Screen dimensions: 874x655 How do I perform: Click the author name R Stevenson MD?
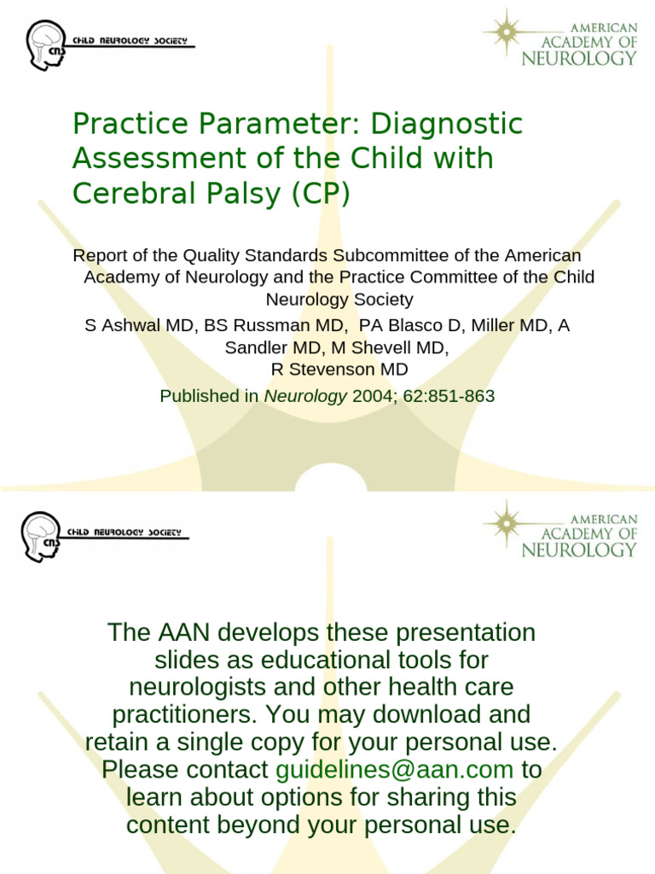coord(339,369)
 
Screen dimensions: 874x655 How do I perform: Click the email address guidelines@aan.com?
coord(395,770)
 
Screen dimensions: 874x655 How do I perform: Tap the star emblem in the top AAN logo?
coord(505,31)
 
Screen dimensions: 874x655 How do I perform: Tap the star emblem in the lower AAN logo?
coord(506,522)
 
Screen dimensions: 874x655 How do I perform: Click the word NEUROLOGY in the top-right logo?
coord(580,58)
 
